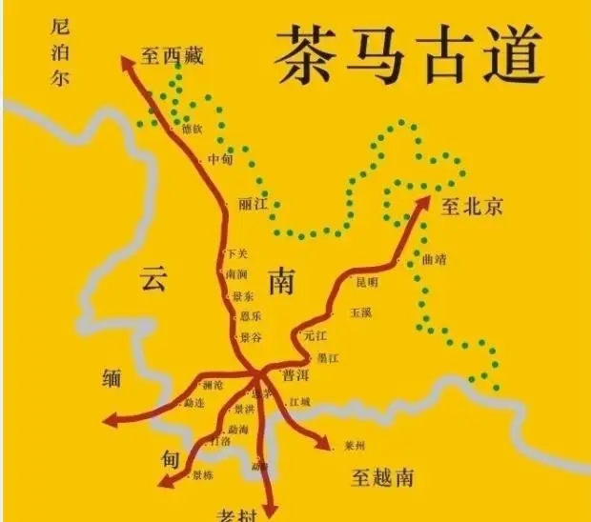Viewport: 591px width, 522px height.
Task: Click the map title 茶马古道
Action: coord(410,54)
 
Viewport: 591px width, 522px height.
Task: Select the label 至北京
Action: coord(472,206)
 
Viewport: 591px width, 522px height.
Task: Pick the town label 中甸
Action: coord(220,159)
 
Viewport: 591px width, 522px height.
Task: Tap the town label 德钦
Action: coord(192,129)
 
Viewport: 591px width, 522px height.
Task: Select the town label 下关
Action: coord(237,253)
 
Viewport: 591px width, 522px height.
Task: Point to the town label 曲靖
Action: coord(434,259)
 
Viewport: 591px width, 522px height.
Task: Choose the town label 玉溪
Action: coord(360,311)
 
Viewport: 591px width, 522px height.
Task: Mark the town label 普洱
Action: coord(295,374)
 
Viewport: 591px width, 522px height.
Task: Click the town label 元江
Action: coord(315,335)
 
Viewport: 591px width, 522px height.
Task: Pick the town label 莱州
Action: coord(356,444)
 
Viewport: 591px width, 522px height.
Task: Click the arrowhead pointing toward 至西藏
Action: coord(127,62)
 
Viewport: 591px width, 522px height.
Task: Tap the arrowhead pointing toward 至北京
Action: coord(424,204)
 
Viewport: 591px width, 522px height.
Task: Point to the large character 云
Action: coord(153,279)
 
